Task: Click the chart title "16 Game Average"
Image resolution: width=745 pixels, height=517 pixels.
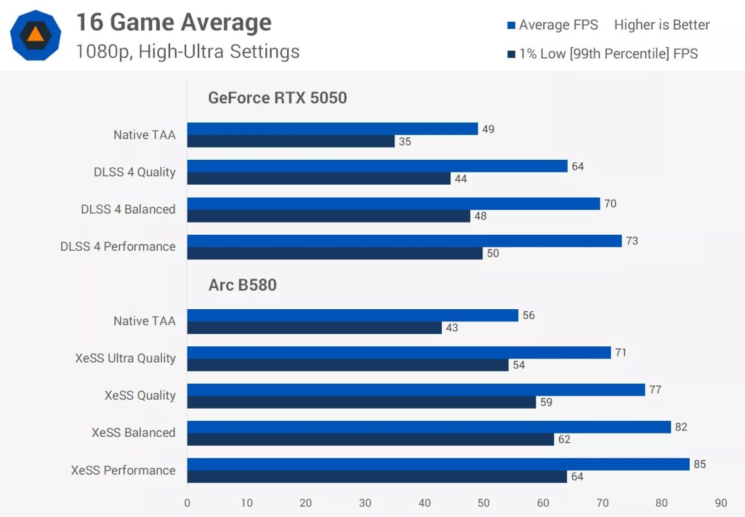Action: [173, 23]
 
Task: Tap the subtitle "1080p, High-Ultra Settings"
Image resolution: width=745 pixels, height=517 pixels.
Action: [188, 51]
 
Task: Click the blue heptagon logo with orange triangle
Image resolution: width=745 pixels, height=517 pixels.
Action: [36, 35]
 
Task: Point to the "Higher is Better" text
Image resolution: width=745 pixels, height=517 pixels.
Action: [662, 25]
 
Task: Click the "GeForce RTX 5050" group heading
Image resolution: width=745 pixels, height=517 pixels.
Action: [277, 98]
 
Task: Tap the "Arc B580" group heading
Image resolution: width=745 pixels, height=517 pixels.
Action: [243, 285]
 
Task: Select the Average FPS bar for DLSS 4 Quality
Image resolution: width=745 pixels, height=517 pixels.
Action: [377, 166]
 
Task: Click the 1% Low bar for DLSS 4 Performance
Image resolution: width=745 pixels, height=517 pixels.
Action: [335, 253]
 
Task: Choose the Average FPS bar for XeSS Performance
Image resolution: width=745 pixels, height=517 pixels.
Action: [438, 464]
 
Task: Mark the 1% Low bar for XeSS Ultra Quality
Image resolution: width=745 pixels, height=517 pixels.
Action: [347, 365]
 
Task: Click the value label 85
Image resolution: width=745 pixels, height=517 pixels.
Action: [699, 464]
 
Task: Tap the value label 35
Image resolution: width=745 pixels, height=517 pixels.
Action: [405, 142]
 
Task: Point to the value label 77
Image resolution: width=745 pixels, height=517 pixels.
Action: [655, 389]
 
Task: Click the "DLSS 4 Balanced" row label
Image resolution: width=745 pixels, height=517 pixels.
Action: [128, 210]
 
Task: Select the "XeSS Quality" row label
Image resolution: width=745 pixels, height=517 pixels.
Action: [140, 396]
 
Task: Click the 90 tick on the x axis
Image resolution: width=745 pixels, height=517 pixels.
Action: [721, 503]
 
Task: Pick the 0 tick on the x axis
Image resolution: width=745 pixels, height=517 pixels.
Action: [187, 503]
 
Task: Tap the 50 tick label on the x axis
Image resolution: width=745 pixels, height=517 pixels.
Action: [484, 503]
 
